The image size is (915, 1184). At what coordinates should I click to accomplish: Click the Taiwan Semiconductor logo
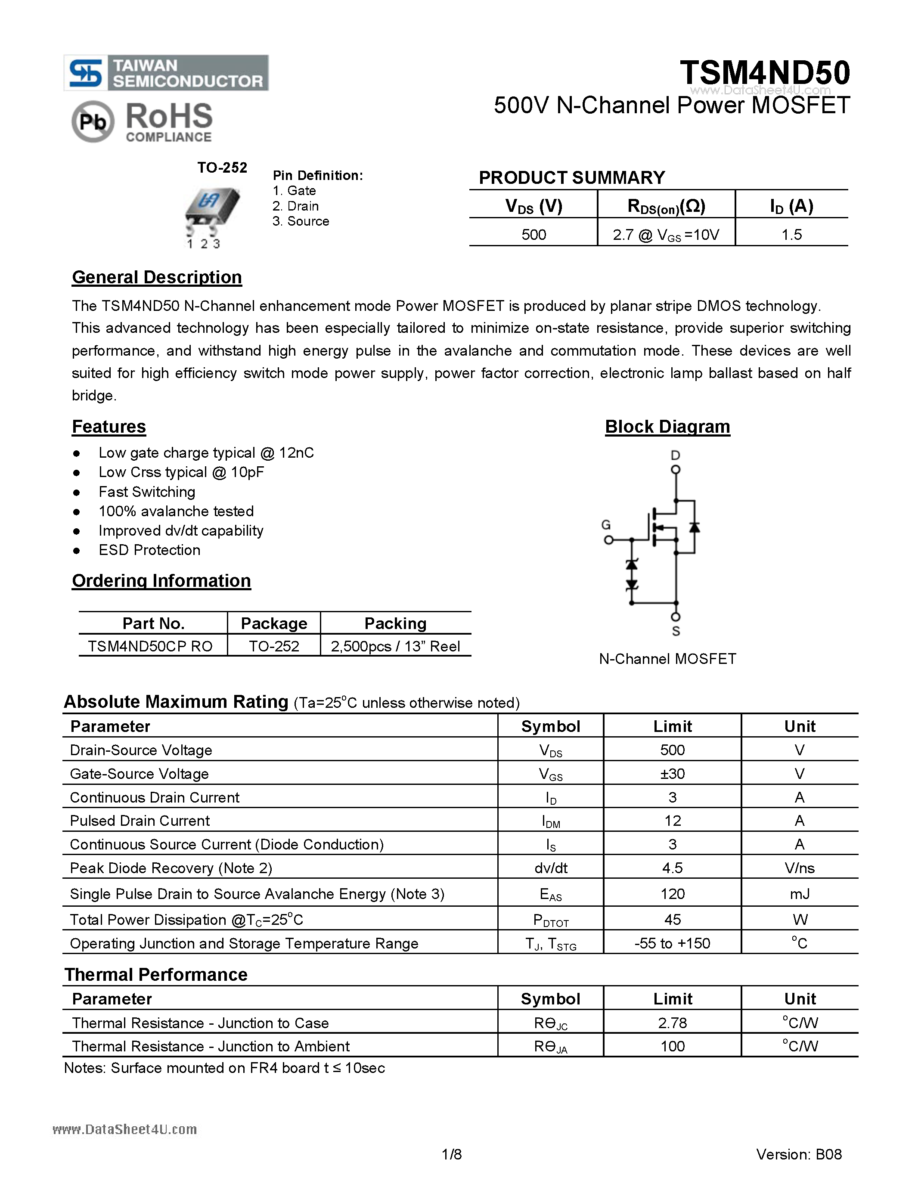tap(166, 73)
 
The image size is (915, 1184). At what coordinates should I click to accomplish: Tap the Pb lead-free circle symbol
tap(93, 122)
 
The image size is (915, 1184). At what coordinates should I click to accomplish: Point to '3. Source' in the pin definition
tap(301, 221)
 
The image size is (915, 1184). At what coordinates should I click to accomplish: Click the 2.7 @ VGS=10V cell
tap(666, 235)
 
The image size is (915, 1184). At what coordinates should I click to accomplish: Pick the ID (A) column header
tap(791, 206)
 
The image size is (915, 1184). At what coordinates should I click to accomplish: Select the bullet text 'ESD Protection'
tap(149, 550)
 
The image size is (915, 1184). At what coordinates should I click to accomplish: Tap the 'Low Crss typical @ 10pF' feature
tap(181, 472)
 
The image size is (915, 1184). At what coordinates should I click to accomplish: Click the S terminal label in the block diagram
tap(676, 631)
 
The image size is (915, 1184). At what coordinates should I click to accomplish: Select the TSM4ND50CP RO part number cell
tap(150, 646)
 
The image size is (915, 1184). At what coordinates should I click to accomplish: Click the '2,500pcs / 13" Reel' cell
tap(395, 646)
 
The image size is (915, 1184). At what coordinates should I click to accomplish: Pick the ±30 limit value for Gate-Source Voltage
tap(672, 774)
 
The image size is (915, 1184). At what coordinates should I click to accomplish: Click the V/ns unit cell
tap(799, 868)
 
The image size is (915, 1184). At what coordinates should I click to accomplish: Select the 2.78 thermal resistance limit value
tap(672, 1023)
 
